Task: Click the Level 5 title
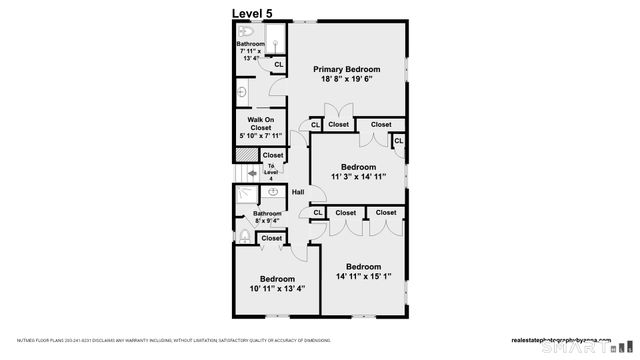pos(251,12)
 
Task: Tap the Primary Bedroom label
pos(347,69)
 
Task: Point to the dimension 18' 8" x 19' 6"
pos(347,80)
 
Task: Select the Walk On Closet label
pos(261,124)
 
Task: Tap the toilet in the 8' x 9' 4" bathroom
pos(243,237)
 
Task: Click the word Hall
pos(298,192)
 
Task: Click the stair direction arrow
pos(251,172)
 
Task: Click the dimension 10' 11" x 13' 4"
pos(277,289)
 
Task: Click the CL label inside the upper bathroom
pos(278,64)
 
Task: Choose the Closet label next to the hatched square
pos(272,155)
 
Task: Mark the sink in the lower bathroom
pos(272,192)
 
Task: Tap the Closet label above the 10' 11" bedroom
pos(271,238)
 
